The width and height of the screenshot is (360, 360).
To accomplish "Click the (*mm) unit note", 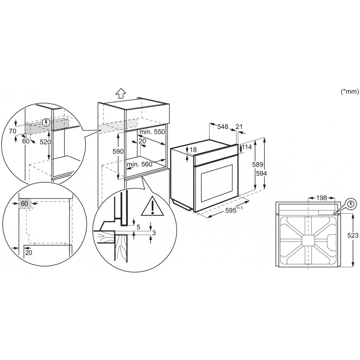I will (350, 92).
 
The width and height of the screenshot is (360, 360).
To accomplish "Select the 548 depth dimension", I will (223, 127).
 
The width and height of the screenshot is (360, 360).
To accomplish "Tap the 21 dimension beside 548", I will (239, 127).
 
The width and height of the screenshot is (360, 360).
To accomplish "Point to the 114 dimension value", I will (246, 147).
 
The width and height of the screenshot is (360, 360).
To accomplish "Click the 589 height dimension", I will (258, 164).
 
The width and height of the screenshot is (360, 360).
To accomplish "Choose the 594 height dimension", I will (262, 173).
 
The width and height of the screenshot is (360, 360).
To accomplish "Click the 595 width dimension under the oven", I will (232, 210).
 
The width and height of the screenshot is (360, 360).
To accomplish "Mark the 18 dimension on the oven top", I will (193, 150).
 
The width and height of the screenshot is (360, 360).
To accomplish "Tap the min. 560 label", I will (139, 164).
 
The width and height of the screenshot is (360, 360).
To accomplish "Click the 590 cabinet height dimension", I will (118, 152).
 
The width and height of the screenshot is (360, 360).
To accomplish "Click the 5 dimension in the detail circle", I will (138, 227).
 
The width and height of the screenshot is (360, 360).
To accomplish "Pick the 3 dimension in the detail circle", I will (154, 232).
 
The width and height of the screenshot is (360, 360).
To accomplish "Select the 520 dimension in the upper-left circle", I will (46, 142).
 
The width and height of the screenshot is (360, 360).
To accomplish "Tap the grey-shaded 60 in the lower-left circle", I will (25, 204).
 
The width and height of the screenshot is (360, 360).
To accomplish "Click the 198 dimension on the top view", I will (321, 198).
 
